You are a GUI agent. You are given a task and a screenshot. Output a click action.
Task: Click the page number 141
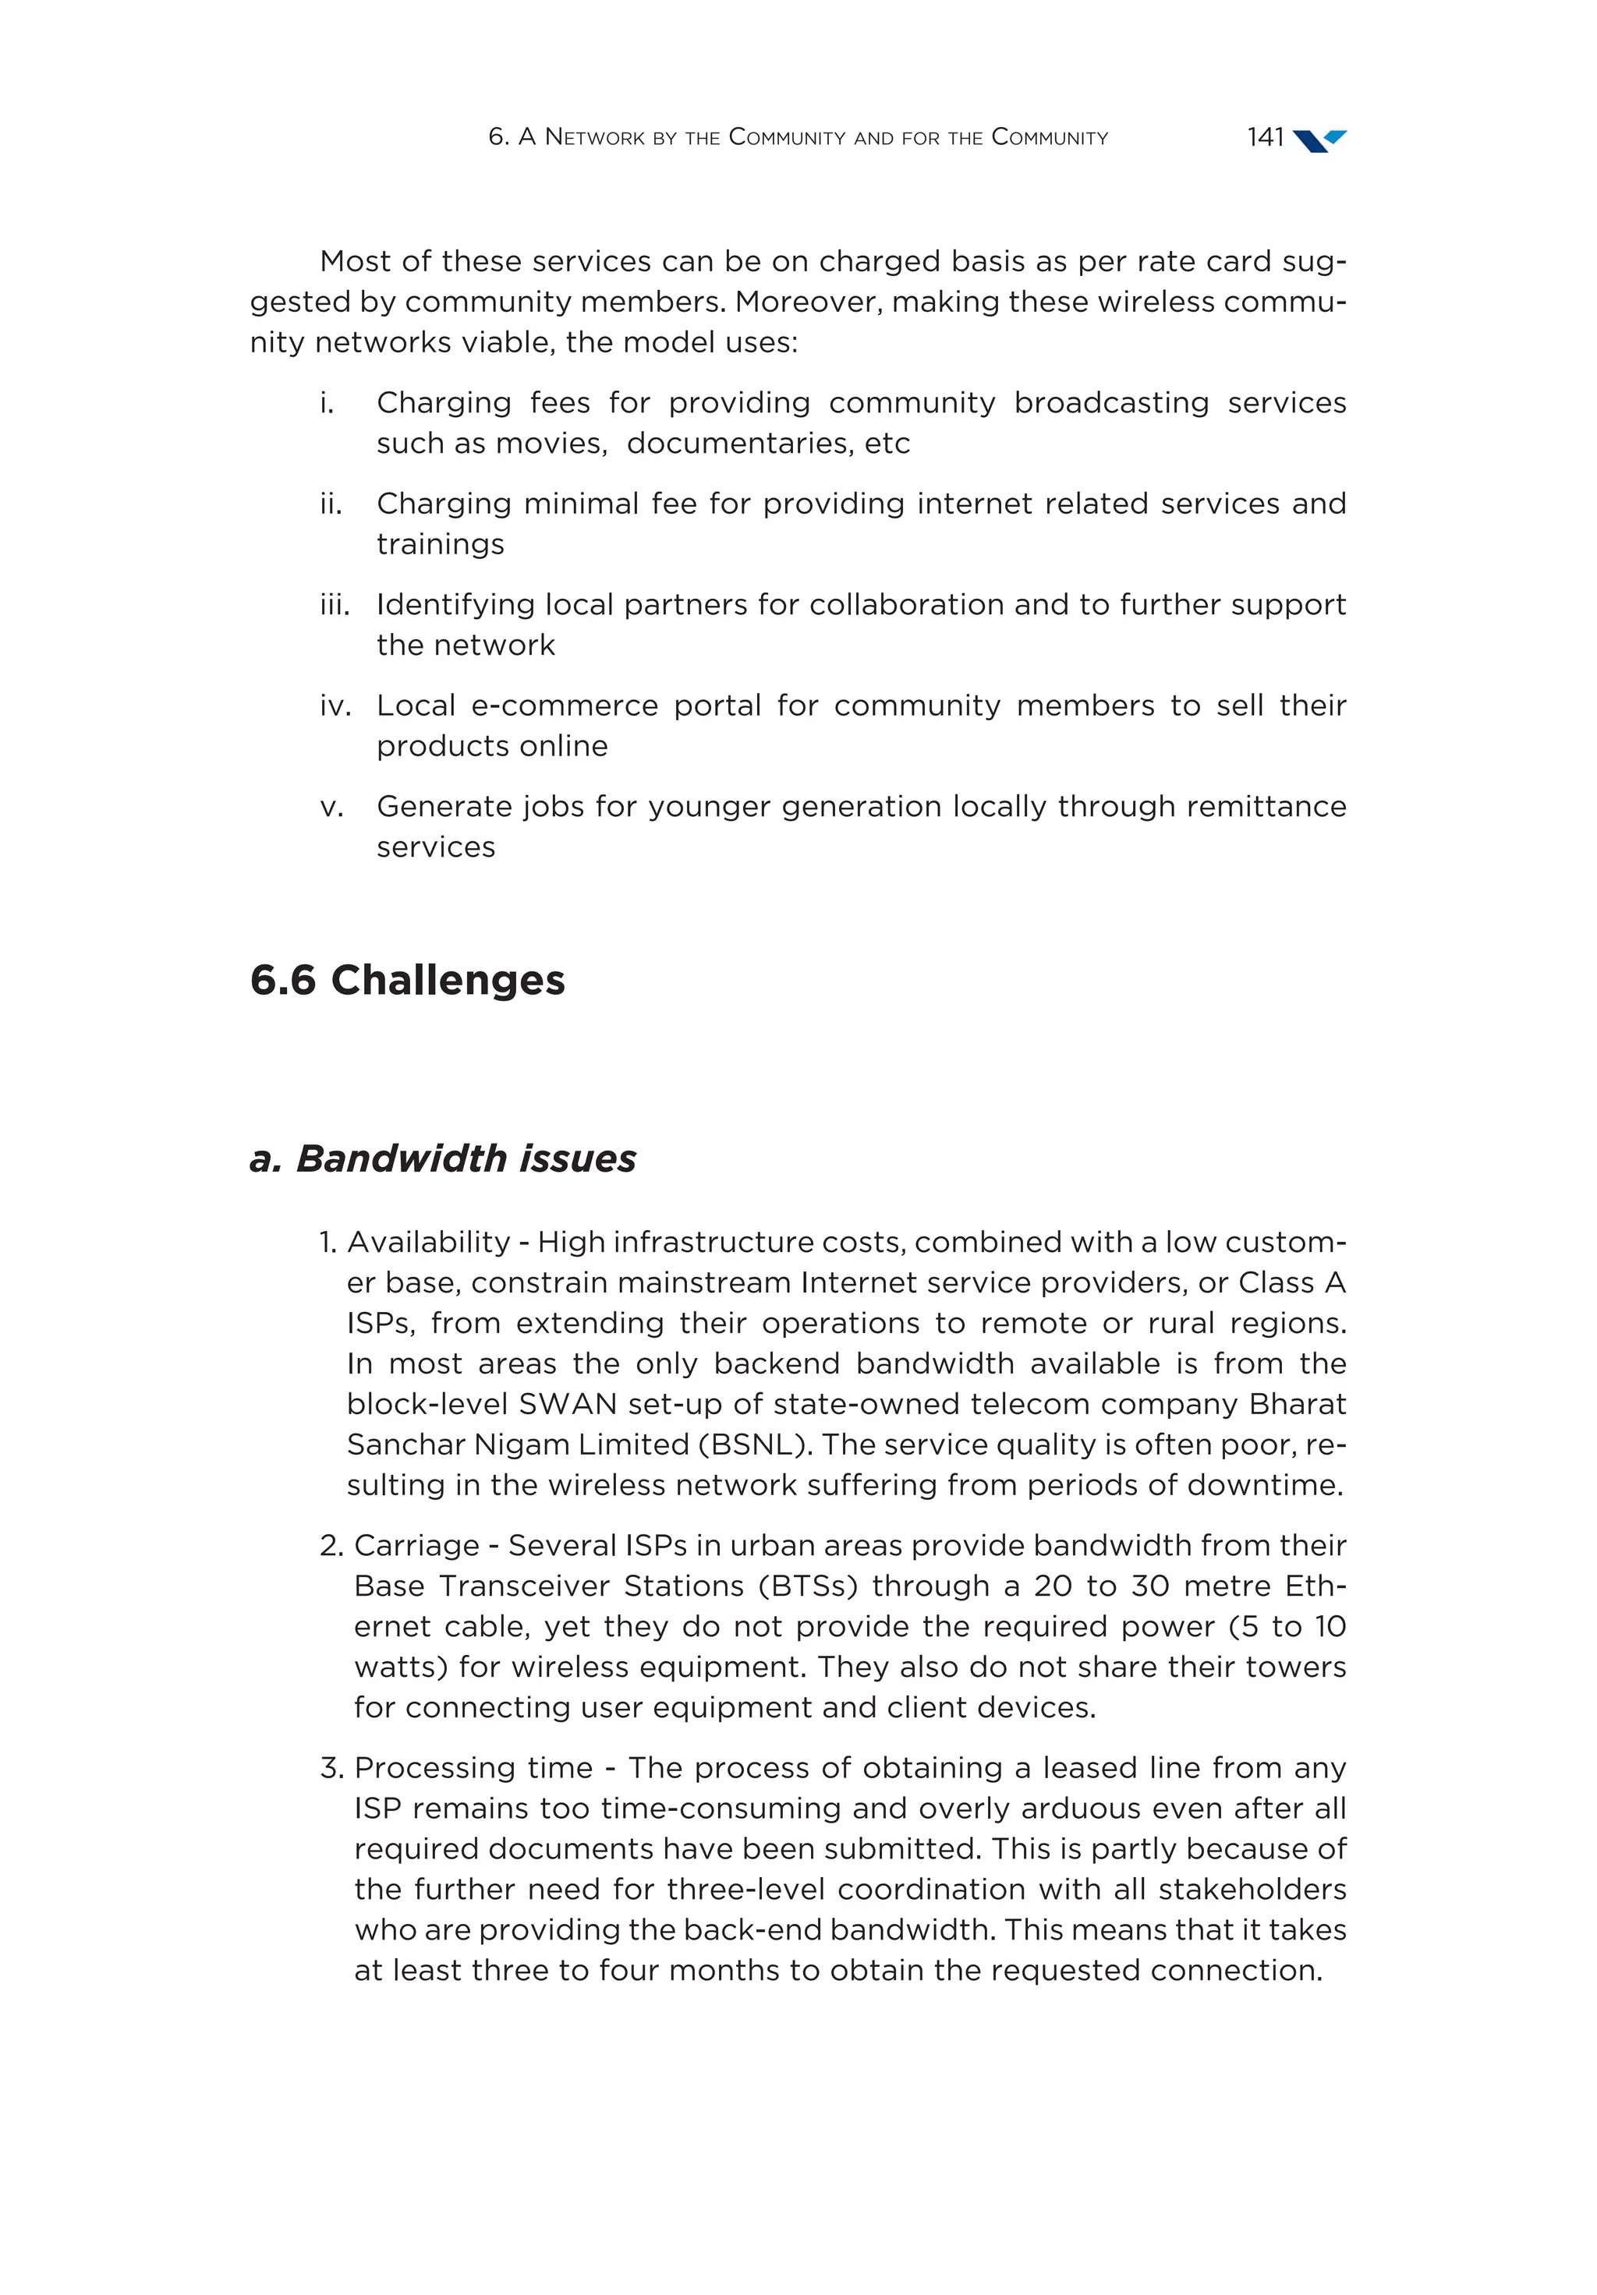pos(1264,137)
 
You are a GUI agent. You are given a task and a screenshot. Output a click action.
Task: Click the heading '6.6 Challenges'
pos(407,980)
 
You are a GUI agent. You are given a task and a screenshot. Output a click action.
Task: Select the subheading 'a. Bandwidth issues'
pos(442,1158)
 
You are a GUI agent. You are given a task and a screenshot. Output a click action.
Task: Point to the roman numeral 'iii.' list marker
pos(334,605)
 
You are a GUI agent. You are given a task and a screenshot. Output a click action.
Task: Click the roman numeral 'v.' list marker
pos(331,807)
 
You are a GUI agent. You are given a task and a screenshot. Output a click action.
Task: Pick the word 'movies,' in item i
pos(560,443)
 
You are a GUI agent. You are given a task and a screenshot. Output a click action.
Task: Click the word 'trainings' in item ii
pos(440,544)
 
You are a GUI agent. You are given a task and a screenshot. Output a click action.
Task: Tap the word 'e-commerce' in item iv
pos(564,705)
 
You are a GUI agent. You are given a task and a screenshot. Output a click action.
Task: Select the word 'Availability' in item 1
pos(428,1243)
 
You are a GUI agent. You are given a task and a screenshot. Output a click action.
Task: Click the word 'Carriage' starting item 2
pos(416,1547)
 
